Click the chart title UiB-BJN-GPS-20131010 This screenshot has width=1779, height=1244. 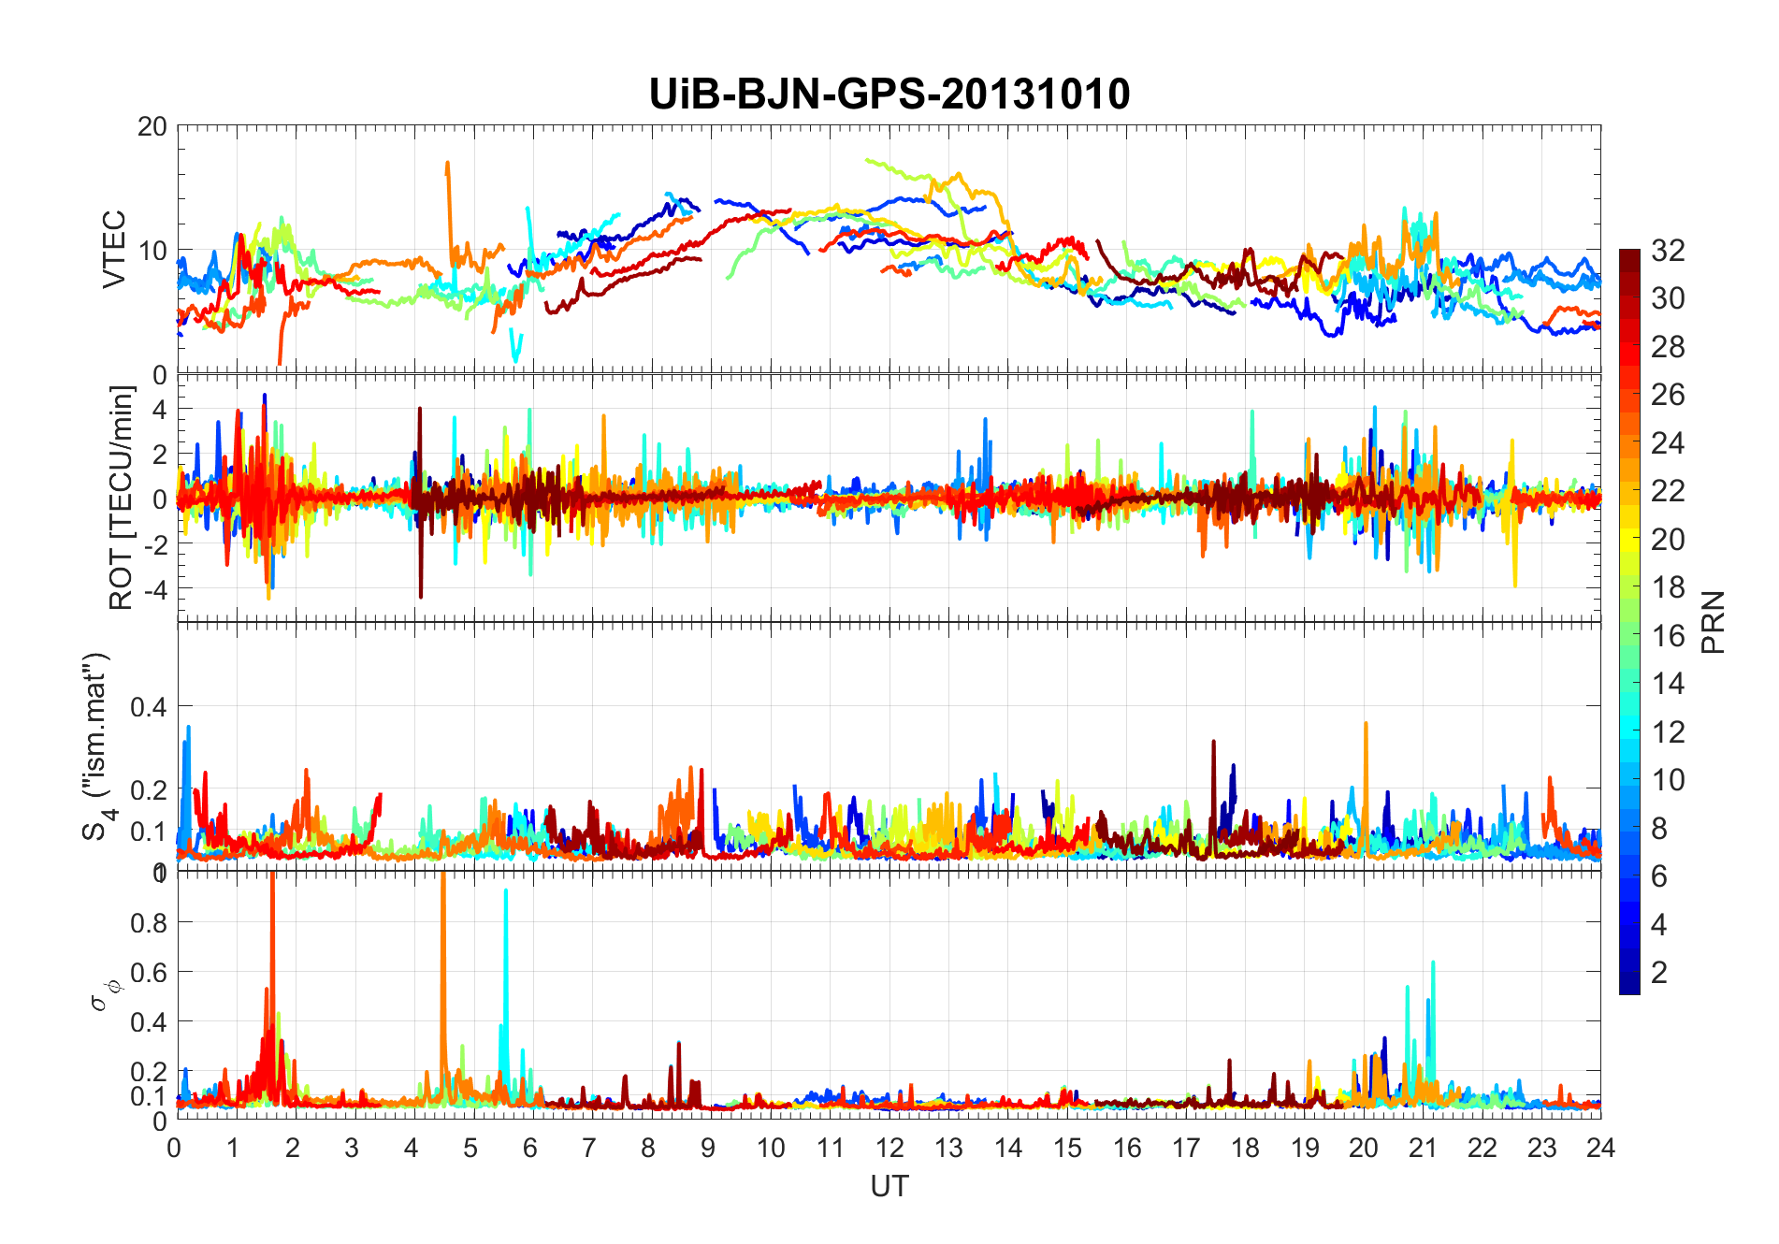[889, 94]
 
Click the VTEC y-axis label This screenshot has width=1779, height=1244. [114, 249]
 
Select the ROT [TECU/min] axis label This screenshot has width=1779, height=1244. [122, 498]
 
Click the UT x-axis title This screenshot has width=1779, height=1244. [889, 1186]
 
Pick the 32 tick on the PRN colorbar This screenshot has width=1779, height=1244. [1668, 251]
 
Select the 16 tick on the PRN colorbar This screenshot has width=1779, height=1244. [1668, 636]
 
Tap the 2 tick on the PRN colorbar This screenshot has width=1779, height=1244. [1659, 973]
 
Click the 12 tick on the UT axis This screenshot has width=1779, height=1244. [889, 1148]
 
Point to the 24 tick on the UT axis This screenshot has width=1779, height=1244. [1600, 1148]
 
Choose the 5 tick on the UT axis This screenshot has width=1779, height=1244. [470, 1148]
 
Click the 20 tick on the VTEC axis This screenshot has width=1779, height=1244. [152, 126]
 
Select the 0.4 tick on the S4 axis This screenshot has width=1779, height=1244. [149, 707]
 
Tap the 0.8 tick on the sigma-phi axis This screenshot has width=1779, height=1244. [149, 922]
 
